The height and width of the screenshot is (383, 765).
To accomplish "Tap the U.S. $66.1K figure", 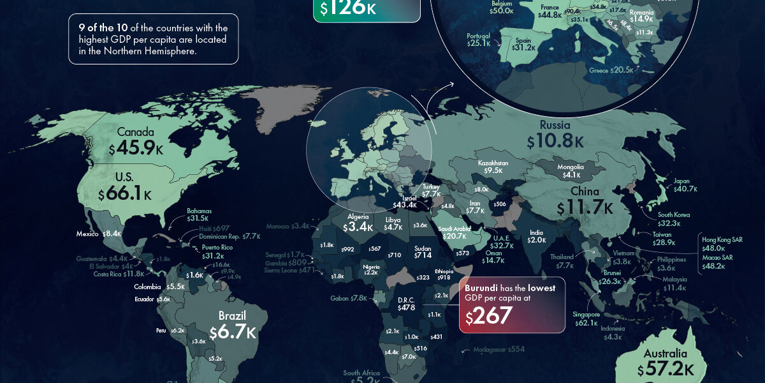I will click(125, 193).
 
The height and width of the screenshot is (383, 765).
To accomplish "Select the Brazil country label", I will click(232, 316).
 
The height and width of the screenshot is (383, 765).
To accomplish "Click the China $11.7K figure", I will click(584, 208).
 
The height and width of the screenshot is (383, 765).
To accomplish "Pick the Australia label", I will click(665, 354).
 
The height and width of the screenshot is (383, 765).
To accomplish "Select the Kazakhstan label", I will click(493, 163).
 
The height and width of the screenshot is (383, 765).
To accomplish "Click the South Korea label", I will click(674, 215).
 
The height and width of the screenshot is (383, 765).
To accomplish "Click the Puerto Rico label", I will click(217, 247).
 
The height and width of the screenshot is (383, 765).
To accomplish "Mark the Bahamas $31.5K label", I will click(199, 211).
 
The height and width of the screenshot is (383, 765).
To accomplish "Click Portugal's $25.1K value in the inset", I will click(479, 43).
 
